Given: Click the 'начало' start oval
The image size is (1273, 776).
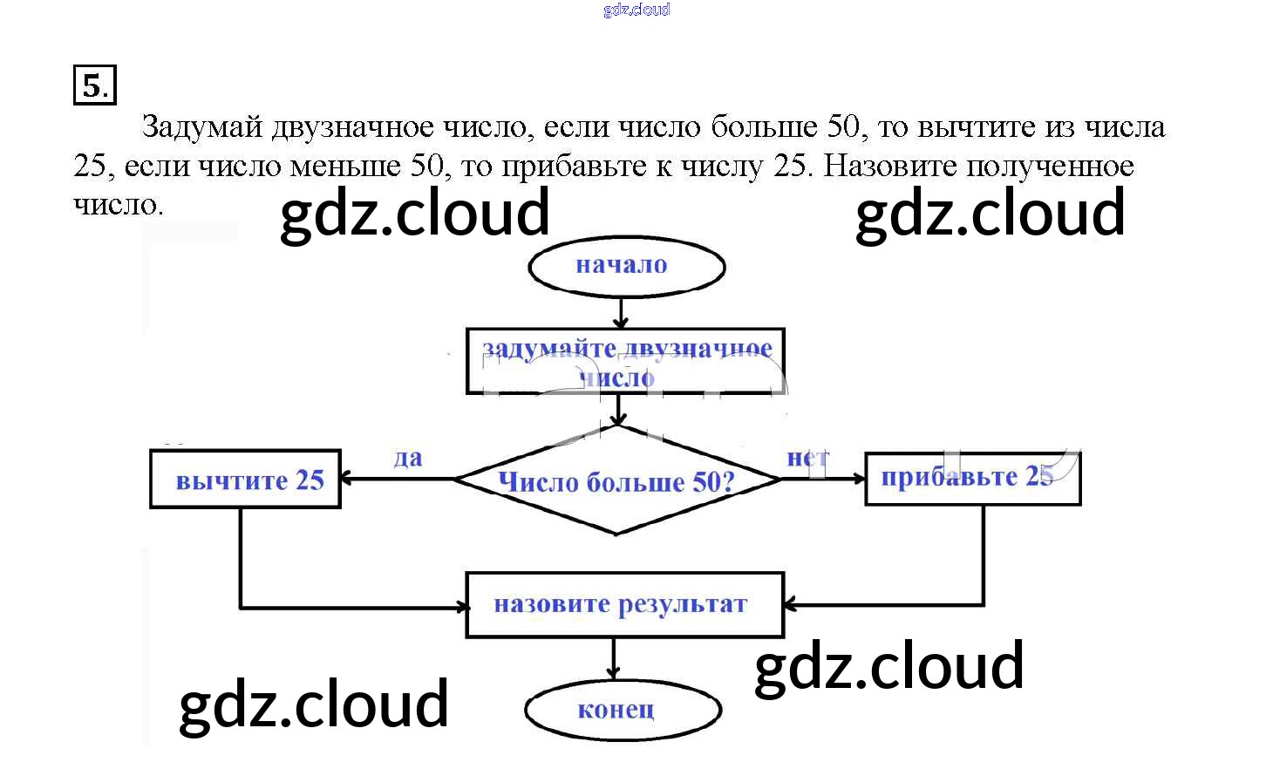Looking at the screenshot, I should (626, 267).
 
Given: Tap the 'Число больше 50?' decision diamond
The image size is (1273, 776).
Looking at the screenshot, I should (616, 480).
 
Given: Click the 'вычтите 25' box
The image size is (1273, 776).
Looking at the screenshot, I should (245, 479).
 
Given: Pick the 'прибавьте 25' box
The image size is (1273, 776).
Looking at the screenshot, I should (972, 478).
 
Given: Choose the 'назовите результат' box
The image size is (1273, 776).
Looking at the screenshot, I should (624, 604).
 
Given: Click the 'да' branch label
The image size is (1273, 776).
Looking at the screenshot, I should (407, 459).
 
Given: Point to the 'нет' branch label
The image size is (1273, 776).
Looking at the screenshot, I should (807, 458).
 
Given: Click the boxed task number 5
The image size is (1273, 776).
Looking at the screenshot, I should (94, 85).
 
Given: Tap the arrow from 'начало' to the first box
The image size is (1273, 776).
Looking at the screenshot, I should (620, 312).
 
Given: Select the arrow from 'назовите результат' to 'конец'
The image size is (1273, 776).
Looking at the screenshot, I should (614, 658).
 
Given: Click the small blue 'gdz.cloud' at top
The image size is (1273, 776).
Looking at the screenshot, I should (636, 10).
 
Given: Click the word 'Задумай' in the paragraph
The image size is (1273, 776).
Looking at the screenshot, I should (201, 127).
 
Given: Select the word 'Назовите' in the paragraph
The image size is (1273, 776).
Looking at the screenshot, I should (890, 166).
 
